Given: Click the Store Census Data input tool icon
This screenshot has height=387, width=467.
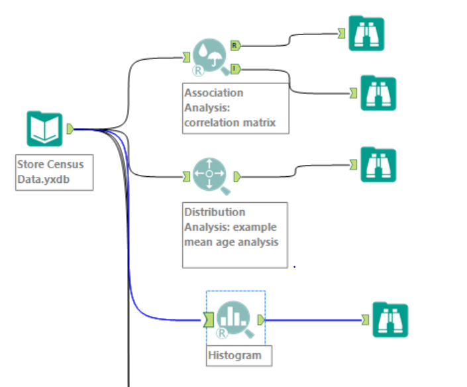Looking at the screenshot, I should pos(44,129).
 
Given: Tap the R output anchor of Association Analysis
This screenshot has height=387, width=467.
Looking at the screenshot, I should pos(235,45).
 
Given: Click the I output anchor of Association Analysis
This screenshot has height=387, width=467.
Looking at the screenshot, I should pos(235,68).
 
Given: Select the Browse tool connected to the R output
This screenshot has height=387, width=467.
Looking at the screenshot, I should pos(366,33).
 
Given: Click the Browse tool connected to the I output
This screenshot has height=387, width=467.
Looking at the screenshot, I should pos(378,93).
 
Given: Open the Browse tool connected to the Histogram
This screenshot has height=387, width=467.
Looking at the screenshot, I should pos(390,319).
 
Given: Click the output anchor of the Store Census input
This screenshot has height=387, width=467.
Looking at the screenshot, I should pos(71,129).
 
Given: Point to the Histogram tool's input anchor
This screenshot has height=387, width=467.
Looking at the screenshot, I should pos(209,321).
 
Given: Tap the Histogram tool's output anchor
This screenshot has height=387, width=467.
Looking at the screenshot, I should pos(261,320).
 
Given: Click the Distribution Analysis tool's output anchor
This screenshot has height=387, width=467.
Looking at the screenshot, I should pos(236,177).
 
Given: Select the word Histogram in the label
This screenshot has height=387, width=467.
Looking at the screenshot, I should pos(234,355).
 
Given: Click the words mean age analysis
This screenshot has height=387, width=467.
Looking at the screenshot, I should pos(231,242).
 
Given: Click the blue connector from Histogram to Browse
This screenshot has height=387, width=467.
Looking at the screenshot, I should pos(311,320).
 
